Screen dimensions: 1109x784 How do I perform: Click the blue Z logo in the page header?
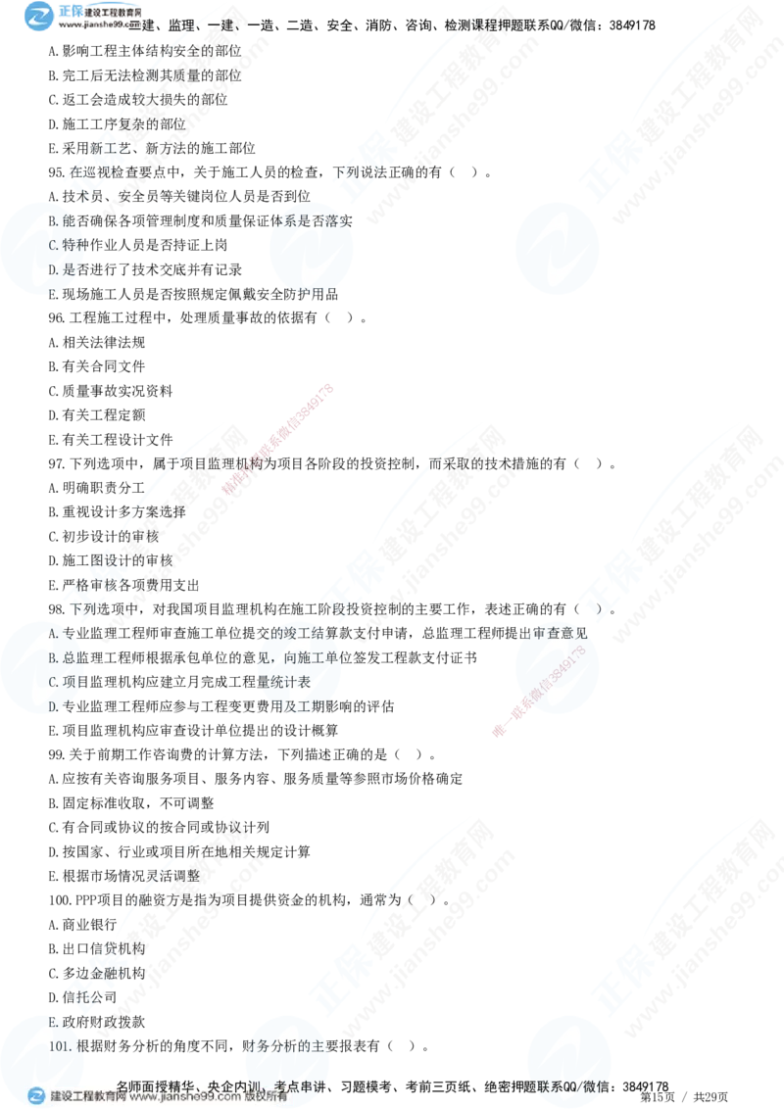tap(39, 15)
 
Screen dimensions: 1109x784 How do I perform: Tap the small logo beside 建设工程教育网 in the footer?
tap(36, 1096)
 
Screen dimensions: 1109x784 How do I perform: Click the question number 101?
tap(60, 1046)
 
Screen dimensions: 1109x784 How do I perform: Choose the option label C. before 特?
tap(55, 244)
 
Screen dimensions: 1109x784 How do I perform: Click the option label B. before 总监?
tap(55, 657)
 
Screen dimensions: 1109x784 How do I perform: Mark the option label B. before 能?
tap(55, 220)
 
